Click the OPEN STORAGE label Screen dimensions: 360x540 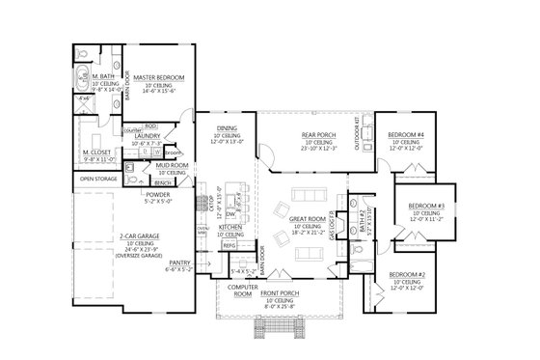click(x=99, y=179)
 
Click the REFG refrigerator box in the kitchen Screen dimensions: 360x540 click(x=229, y=246)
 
